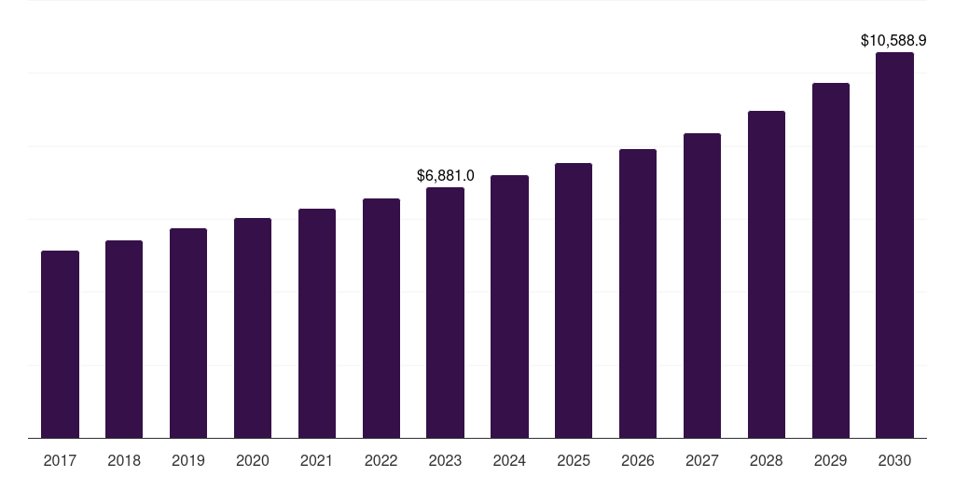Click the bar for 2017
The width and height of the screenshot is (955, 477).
pos(60,345)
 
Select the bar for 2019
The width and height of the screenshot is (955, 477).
pos(188,334)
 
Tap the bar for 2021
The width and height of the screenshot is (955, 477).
pos(317,323)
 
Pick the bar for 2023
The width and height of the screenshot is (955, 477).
pos(445,313)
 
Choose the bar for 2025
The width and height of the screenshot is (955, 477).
pos(574,301)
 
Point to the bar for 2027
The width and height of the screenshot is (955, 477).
pos(702,286)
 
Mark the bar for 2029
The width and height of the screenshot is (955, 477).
pos(831,261)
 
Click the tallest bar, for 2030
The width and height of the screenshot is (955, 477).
pos(894,245)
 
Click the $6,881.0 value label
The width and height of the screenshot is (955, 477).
pos(445,176)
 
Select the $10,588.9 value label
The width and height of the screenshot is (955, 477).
pos(893,41)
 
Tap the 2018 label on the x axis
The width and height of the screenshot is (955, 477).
pos(124,461)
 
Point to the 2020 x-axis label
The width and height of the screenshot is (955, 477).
pos(253,461)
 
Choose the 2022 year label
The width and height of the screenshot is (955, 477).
pos(381,461)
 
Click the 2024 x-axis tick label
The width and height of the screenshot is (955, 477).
pos(510,461)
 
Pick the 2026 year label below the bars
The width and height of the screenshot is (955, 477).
pos(638,461)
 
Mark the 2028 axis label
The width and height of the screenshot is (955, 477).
pos(767,461)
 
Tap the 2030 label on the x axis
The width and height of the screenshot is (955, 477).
pos(894,461)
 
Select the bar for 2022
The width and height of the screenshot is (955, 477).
pos(381,319)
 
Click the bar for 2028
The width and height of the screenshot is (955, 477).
pos(767,275)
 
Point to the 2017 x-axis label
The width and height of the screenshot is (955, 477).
pos(60,461)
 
